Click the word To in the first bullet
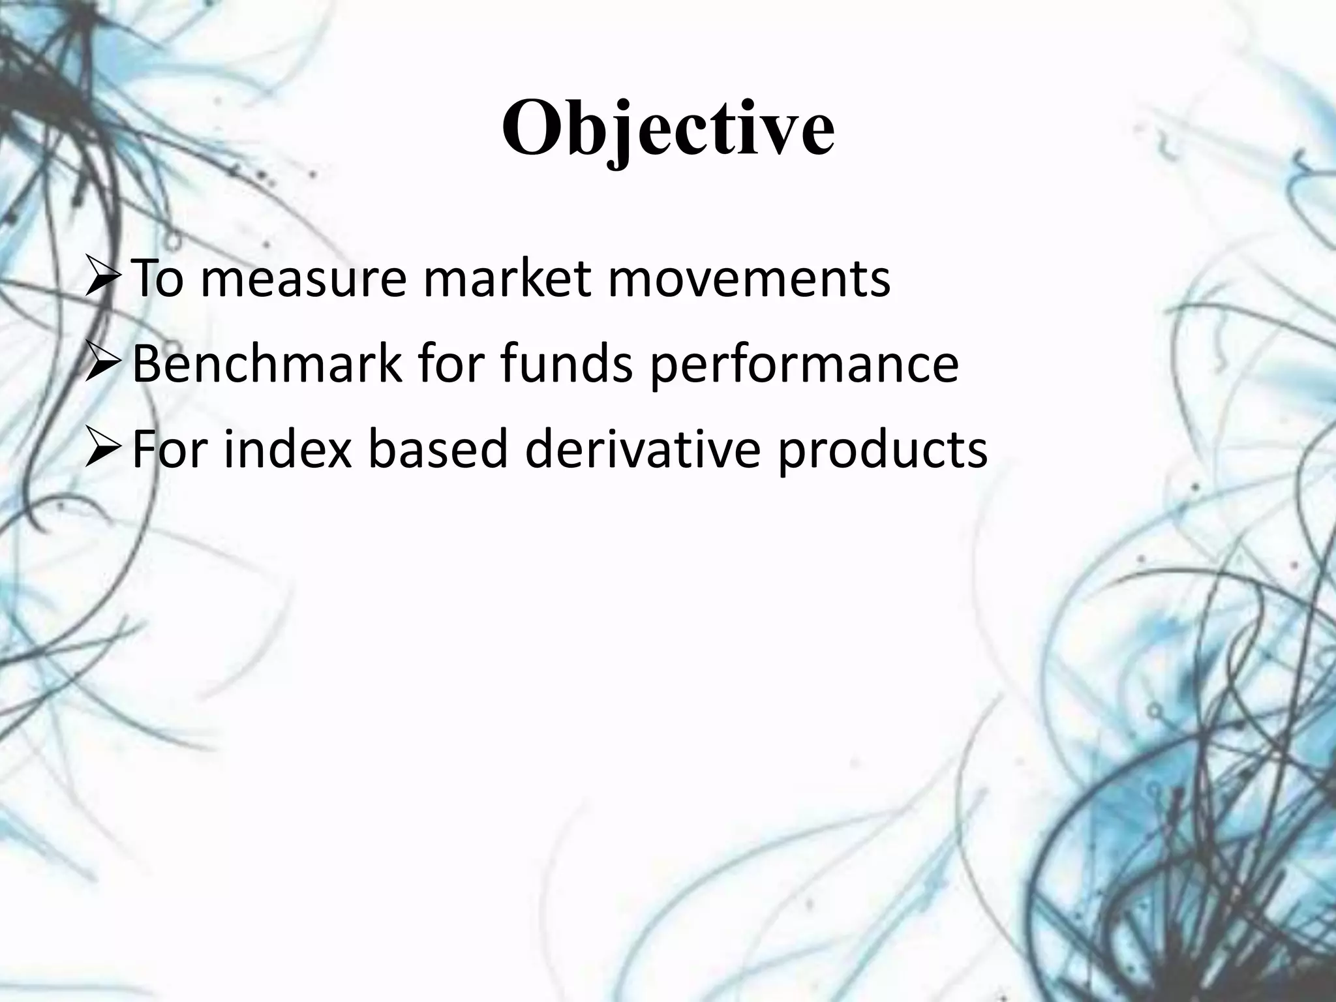pyautogui.click(x=157, y=279)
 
